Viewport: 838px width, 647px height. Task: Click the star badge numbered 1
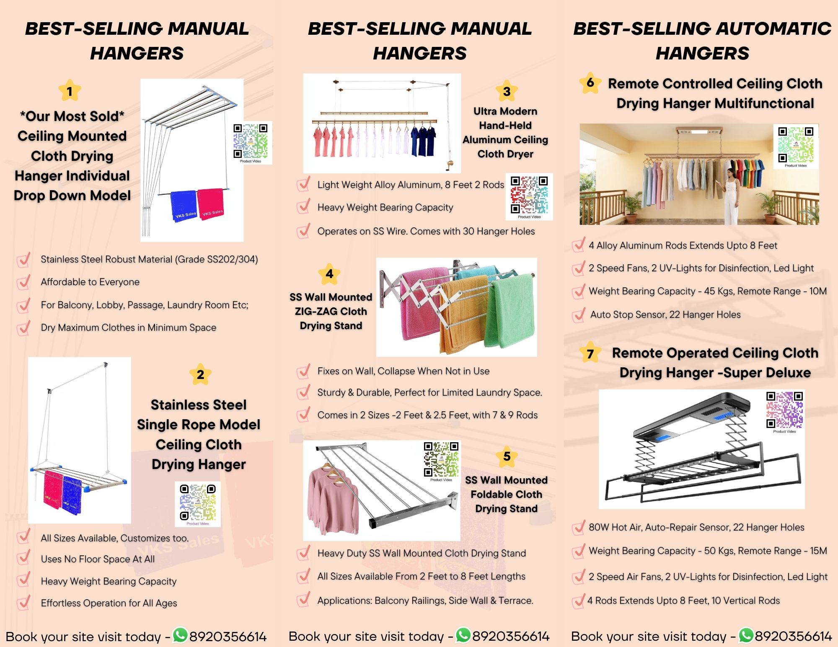(70, 90)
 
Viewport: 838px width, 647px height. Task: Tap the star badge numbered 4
(329, 273)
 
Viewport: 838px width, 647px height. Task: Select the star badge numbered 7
(590, 353)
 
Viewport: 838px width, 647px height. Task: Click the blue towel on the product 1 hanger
(184, 206)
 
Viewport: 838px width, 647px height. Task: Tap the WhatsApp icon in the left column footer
(180, 635)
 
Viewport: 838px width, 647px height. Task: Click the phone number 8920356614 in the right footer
(793, 636)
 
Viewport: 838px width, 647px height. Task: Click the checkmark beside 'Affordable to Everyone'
(23, 282)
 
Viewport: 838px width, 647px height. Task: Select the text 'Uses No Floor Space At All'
(98, 559)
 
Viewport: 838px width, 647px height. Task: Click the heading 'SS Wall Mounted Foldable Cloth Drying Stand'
(506, 494)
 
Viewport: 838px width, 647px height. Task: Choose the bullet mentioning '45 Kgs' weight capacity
(708, 291)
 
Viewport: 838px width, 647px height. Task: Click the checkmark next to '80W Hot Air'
(579, 527)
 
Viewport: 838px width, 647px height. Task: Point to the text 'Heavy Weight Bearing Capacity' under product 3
(385, 207)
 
